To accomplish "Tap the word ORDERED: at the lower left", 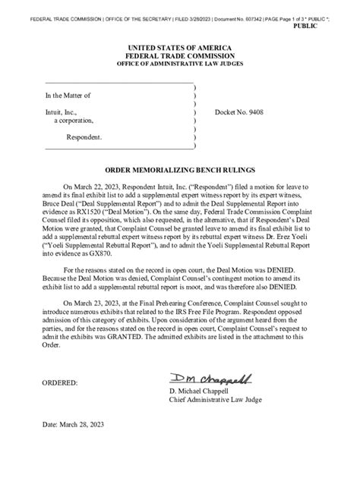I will point(62,383).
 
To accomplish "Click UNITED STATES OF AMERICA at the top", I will point(180,48).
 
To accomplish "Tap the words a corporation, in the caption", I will point(74,121).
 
